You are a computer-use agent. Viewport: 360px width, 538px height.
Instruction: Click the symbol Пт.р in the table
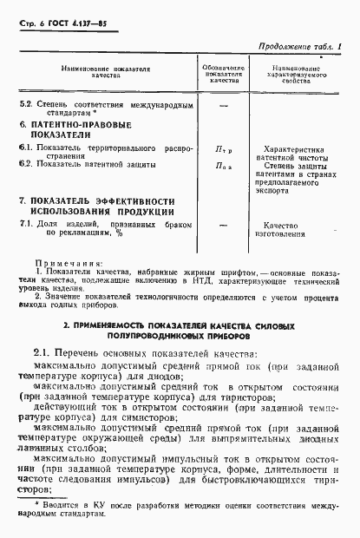click(224, 150)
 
